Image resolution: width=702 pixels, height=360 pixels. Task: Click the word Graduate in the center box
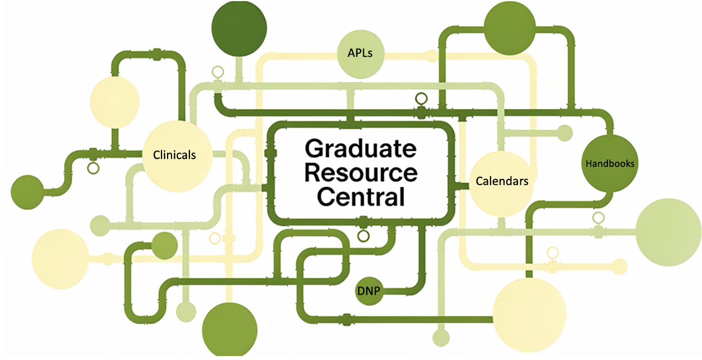click(x=360, y=149)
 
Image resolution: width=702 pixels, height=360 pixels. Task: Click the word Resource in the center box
click(x=361, y=173)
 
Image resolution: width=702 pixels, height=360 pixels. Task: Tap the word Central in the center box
click(x=361, y=197)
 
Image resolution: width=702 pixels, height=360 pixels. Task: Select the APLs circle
click(x=361, y=54)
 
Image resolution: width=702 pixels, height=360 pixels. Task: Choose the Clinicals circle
click(x=175, y=154)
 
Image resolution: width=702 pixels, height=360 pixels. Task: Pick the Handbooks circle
click(x=610, y=163)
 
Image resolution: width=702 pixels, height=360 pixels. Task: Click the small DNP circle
click(x=369, y=291)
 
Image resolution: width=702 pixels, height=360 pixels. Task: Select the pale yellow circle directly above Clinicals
click(x=115, y=102)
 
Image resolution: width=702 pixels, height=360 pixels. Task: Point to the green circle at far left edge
click(x=27, y=191)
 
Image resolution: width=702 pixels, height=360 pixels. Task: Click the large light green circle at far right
click(x=668, y=231)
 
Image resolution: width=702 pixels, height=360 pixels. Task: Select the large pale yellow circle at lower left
click(x=60, y=259)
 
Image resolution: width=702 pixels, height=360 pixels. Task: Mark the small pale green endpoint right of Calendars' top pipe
click(x=564, y=133)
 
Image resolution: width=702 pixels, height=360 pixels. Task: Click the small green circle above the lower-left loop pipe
click(x=164, y=246)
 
